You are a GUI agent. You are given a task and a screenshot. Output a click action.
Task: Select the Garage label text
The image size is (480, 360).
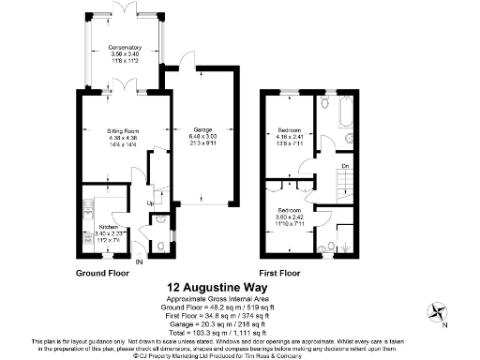[202, 135]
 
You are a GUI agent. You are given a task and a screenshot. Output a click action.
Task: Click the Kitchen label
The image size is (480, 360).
[112, 232]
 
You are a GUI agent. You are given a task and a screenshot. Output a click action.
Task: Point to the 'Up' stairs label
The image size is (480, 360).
[149, 203]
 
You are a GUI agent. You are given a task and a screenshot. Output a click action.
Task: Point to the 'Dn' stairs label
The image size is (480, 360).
[344, 168]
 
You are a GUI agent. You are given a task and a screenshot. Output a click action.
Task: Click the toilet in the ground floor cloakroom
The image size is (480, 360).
[160, 246]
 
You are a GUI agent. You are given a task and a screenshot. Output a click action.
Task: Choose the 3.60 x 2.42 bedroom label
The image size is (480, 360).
[289, 217]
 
